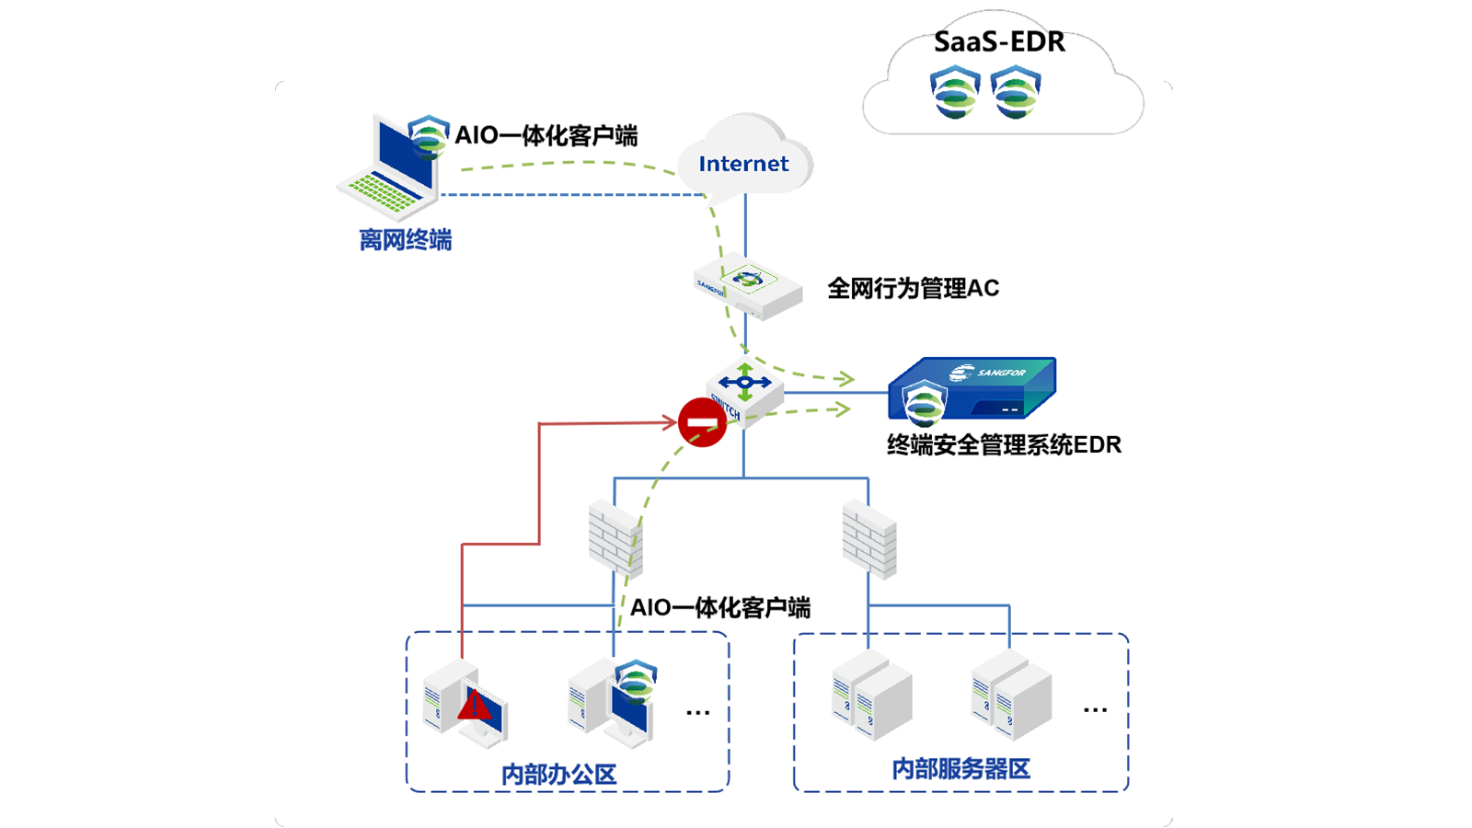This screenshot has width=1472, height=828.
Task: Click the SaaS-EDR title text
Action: point(999,42)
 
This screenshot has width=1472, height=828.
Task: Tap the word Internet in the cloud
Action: point(743,164)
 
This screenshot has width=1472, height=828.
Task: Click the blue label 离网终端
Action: point(405,240)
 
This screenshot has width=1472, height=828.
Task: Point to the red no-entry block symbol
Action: point(702,422)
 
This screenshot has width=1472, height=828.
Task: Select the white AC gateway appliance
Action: point(748,287)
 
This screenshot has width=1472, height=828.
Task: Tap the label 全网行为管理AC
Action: point(913,289)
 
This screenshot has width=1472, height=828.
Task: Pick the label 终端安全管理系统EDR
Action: point(1004,445)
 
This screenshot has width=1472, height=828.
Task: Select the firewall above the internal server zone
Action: point(868,539)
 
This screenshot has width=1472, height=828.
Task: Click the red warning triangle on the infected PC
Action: point(475,706)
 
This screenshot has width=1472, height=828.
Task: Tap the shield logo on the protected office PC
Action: point(636,682)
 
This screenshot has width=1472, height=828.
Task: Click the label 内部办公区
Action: point(558,775)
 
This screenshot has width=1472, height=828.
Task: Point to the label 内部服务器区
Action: point(960,769)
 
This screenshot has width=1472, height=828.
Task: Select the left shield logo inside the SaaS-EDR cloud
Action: point(955,92)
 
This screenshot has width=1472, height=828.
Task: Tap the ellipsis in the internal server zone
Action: point(1095,709)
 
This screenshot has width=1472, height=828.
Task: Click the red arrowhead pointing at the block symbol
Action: point(670,422)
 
